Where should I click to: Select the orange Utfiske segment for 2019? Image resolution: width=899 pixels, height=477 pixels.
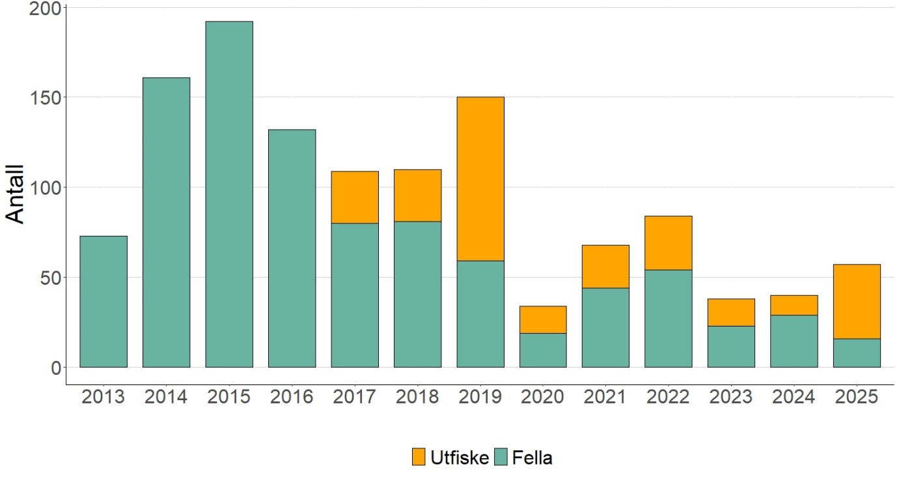pos(480,179)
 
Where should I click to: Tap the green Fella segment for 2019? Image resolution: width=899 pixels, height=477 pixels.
pos(480,313)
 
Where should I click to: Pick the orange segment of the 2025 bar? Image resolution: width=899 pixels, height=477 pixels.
pos(857,301)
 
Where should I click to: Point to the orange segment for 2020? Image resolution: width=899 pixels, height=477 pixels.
pos(543,319)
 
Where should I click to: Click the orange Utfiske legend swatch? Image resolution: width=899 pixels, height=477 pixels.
pos(419,457)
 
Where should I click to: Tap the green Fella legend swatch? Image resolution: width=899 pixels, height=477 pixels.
pos(501,457)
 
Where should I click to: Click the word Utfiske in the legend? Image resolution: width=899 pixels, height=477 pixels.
pos(460,457)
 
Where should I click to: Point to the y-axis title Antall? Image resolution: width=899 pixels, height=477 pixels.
pos(16,194)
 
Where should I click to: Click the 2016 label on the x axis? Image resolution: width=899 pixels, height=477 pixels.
pos(292,397)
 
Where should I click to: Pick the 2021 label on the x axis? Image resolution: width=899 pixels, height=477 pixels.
pos(605,397)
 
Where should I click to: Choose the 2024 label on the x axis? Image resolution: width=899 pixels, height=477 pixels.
pos(794,397)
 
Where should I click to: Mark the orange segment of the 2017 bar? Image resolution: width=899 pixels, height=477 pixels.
pos(355,197)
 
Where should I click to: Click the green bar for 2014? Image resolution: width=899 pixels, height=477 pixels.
pos(167,222)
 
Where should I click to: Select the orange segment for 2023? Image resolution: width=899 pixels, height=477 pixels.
pos(731,312)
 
